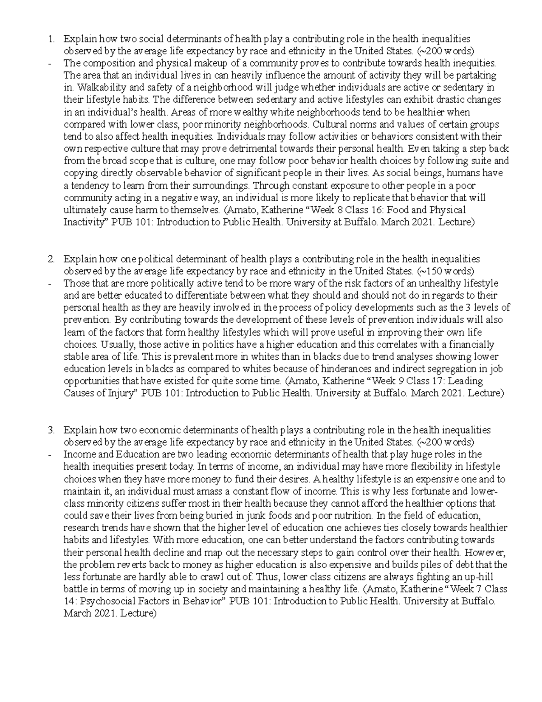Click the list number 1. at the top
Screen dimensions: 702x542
click(x=51, y=38)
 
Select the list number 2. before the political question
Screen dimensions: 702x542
click(x=51, y=259)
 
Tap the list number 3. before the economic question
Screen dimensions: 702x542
click(x=51, y=429)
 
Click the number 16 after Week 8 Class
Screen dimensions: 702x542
click(x=379, y=210)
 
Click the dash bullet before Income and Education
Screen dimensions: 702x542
click(x=50, y=454)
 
